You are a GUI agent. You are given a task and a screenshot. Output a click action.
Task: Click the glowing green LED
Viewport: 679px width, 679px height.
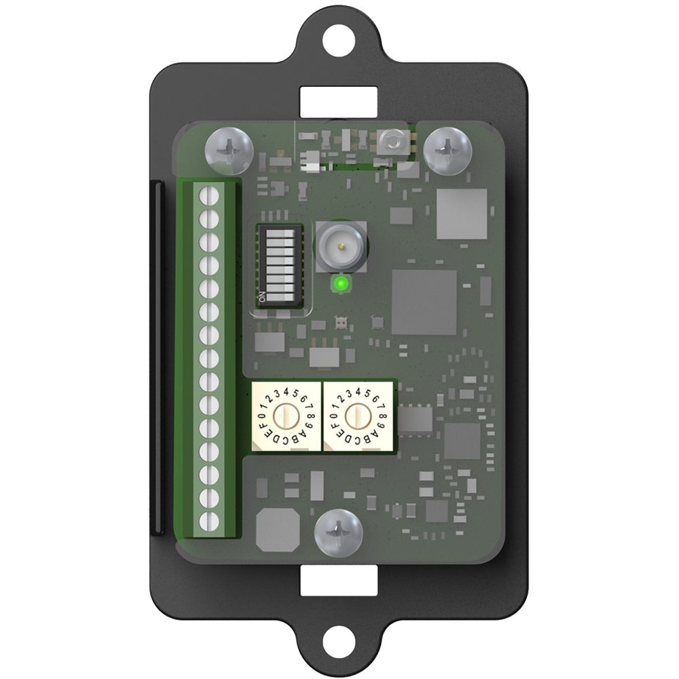[x=342, y=284]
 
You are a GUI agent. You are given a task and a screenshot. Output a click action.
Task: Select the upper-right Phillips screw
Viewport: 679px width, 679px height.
[x=447, y=151]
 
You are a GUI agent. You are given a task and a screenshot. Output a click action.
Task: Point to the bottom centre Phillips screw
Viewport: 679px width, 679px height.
[x=339, y=533]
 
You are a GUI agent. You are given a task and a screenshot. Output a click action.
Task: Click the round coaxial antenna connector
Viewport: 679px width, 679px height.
[x=342, y=246]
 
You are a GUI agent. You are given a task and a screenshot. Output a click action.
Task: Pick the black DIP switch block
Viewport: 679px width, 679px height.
[x=279, y=265]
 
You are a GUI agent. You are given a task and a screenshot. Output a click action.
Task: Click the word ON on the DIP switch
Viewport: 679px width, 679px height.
[x=261, y=297]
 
